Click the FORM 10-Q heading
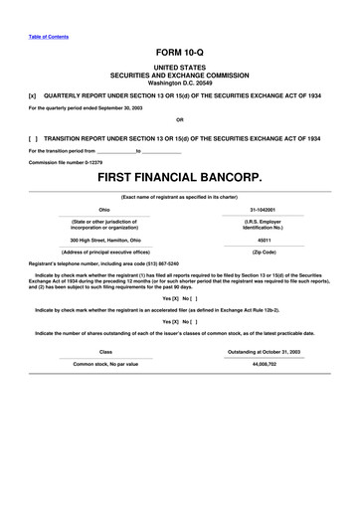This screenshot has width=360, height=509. pos(180,49)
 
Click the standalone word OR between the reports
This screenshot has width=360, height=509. pos(180,121)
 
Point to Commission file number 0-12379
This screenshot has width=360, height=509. pos(66,162)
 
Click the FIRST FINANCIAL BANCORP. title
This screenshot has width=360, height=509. pos(180,179)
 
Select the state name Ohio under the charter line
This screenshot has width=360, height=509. pos(104,210)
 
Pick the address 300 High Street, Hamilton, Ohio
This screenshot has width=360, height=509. pos(105,240)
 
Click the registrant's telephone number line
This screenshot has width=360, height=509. pos(110,263)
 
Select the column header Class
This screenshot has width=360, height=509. pos(105,323)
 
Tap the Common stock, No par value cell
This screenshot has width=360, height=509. pos(105,336)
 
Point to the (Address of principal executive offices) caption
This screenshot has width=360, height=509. pos(105,252)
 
